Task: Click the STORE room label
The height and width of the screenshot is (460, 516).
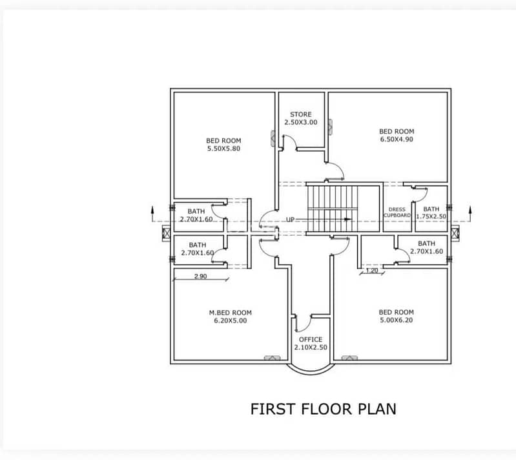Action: (x=301, y=114)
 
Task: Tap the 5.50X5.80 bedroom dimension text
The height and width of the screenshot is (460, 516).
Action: (x=224, y=149)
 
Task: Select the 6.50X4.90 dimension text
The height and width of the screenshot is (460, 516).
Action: (x=397, y=140)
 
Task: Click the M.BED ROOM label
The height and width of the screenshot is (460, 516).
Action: (x=231, y=313)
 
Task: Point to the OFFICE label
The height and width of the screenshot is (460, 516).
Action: (x=311, y=339)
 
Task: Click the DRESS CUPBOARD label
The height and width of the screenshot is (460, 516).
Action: (x=397, y=213)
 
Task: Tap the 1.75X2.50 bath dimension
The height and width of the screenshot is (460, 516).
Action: (x=431, y=216)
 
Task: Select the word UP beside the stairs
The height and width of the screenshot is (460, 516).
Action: (x=290, y=220)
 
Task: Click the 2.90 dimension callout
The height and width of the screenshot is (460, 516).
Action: (x=200, y=277)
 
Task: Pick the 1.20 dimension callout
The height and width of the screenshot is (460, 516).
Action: (x=372, y=271)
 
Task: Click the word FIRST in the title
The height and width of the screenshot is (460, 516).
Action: (x=273, y=409)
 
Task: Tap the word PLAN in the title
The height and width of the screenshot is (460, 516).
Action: (x=377, y=409)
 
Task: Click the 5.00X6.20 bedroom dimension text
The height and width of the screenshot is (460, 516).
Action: (x=397, y=320)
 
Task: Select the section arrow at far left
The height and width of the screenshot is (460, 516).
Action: (x=152, y=214)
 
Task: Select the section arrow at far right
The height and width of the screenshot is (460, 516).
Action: (x=470, y=214)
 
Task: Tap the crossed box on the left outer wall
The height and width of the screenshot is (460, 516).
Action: (x=167, y=233)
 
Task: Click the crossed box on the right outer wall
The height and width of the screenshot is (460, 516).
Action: (x=455, y=233)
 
